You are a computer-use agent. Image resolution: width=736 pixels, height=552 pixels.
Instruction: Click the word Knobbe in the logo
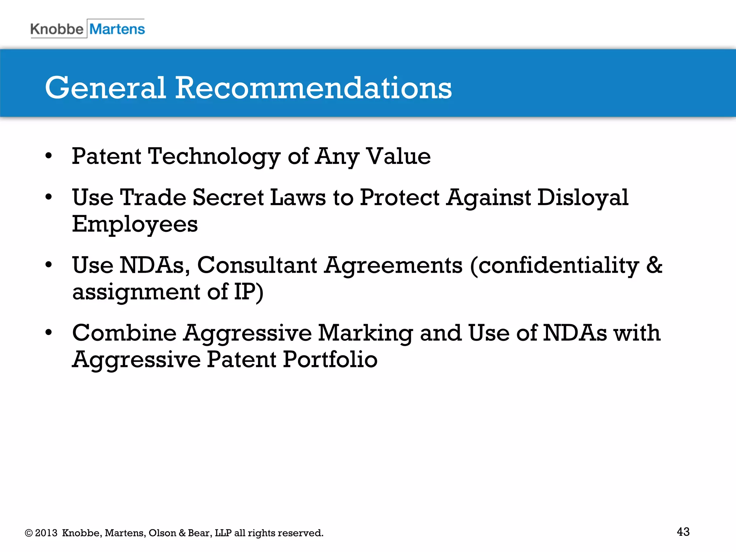click(x=57, y=29)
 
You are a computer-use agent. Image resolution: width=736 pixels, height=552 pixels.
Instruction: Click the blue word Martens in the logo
click(x=117, y=29)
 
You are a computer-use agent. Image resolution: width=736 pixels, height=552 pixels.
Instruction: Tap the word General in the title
click(x=105, y=88)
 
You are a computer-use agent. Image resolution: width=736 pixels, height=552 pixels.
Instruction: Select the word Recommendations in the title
click(x=313, y=88)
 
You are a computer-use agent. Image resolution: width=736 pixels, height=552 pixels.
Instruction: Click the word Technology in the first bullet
click(x=214, y=157)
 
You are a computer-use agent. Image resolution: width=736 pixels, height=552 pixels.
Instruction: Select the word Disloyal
click(x=583, y=198)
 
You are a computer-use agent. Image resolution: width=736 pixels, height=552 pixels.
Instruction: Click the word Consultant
click(x=257, y=265)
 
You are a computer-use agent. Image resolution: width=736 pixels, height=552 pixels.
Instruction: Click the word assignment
click(x=136, y=292)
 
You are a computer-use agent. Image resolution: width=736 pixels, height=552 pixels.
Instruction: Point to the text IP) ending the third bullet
click(x=249, y=291)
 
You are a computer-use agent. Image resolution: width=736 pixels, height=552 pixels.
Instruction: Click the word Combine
click(x=124, y=333)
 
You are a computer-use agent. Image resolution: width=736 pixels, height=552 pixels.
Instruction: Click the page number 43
click(x=683, y=532)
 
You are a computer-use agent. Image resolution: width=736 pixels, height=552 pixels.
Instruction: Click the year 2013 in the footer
click(x=46, y=533)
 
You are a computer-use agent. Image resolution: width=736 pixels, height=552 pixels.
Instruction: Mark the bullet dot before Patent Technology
click(x=49, y=156)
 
